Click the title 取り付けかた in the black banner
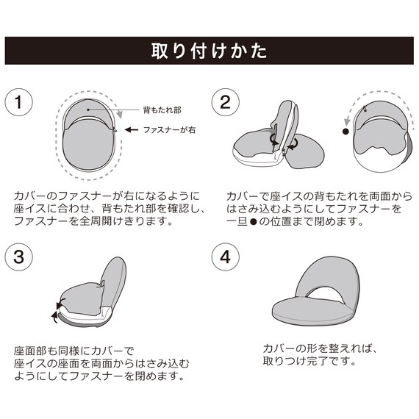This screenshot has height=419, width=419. click(209, 51)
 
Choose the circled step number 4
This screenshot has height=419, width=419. click(225, 257)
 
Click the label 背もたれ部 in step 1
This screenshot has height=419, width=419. click(160, 110)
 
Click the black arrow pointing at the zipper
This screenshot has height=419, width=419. click(131, 129)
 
